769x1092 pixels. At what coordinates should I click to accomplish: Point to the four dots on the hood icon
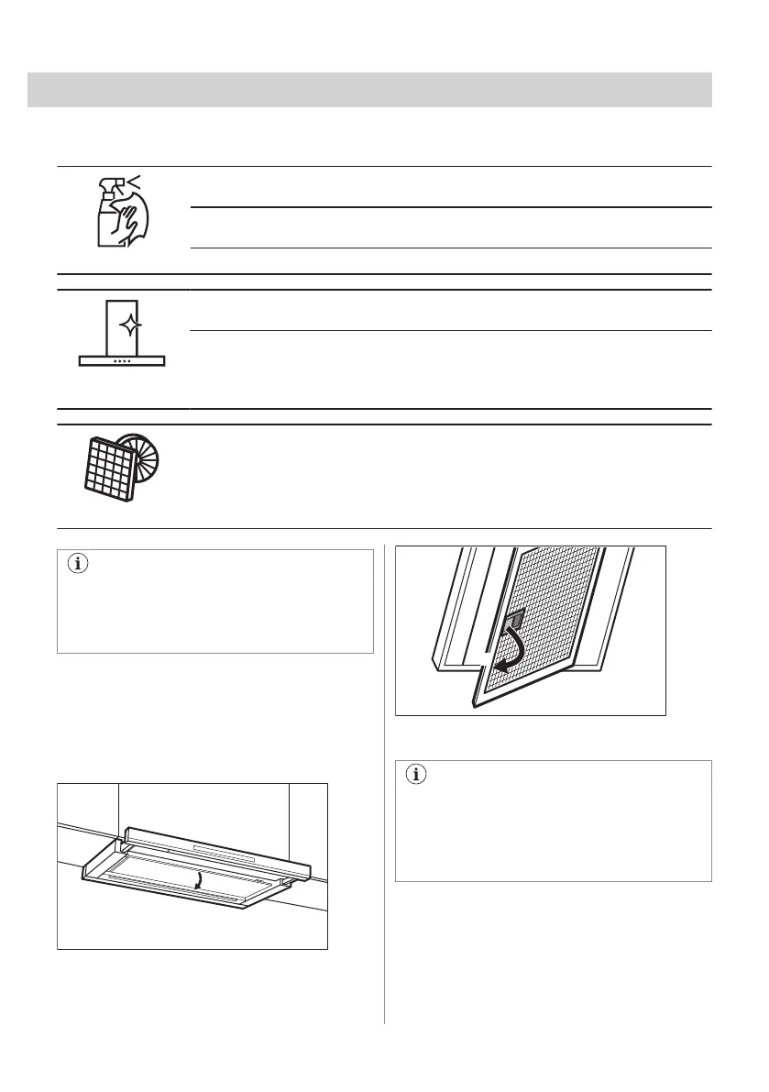(x=122, y=359)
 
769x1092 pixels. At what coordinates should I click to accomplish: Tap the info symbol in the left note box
(x=77, y=565)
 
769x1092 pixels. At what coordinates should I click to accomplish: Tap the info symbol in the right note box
(x=416, y=775)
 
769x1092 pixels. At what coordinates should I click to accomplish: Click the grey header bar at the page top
(x=369, y=91)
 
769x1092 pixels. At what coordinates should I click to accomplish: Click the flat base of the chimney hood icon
(x=122, y=361)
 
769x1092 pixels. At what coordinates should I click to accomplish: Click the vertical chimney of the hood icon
(x=122, y=321)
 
